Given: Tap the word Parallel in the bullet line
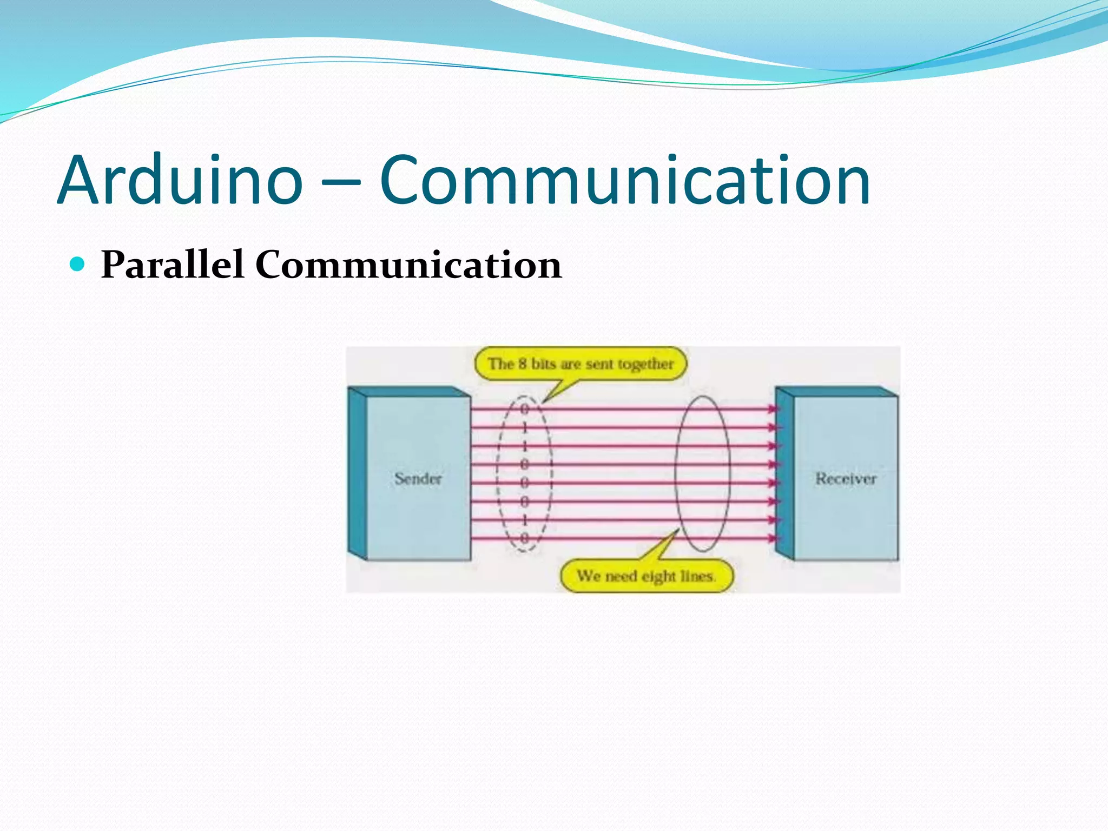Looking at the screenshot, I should (x=172, y=265).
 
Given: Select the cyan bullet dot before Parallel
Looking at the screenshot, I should (x=78, y=263).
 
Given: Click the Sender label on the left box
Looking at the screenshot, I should (x=418, y=478).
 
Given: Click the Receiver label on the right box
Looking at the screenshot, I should (x=846, y=478).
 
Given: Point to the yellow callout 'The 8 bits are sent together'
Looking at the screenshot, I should (x=581, y=364).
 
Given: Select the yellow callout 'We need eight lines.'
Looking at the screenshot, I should (x=646, y=576).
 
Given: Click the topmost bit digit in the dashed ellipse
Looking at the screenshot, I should (x=524, y=408).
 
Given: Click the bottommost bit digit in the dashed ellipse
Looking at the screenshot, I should (x=524, y=538).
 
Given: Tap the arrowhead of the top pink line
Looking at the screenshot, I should (x=774, y=409).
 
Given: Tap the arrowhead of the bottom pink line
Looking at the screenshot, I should (x=774, y=538).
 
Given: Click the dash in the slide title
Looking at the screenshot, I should (x=341, y=184).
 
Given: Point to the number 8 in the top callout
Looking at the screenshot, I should (x=522, y=363).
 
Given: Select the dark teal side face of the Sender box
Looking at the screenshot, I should (x=357, y=473).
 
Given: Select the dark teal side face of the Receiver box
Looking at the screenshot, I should (x=784, y=473).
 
